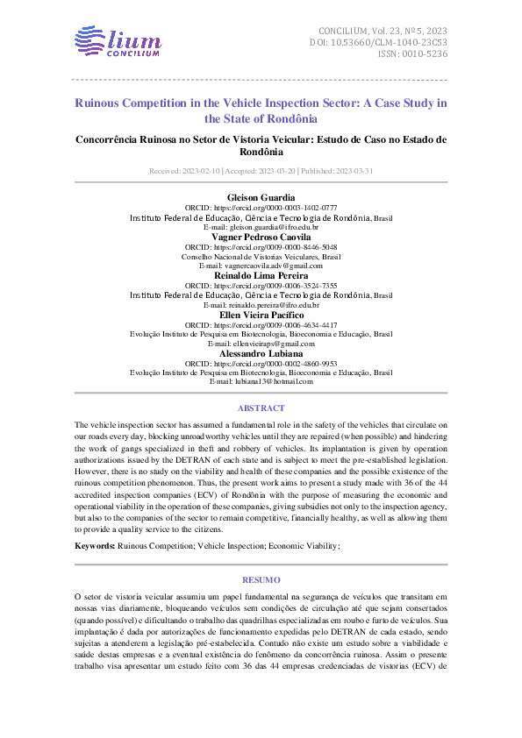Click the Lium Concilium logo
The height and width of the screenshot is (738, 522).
(x=118, y=42)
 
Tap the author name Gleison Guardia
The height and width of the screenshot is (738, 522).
(x=261, y=197)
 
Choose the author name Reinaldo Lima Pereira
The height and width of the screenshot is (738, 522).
(x=261, y=275)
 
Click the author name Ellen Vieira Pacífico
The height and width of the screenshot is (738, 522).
(x=261, y=314)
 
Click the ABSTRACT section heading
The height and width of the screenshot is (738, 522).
(x=261, y=408)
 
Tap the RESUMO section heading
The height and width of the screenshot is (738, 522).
(x=261, y=579)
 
